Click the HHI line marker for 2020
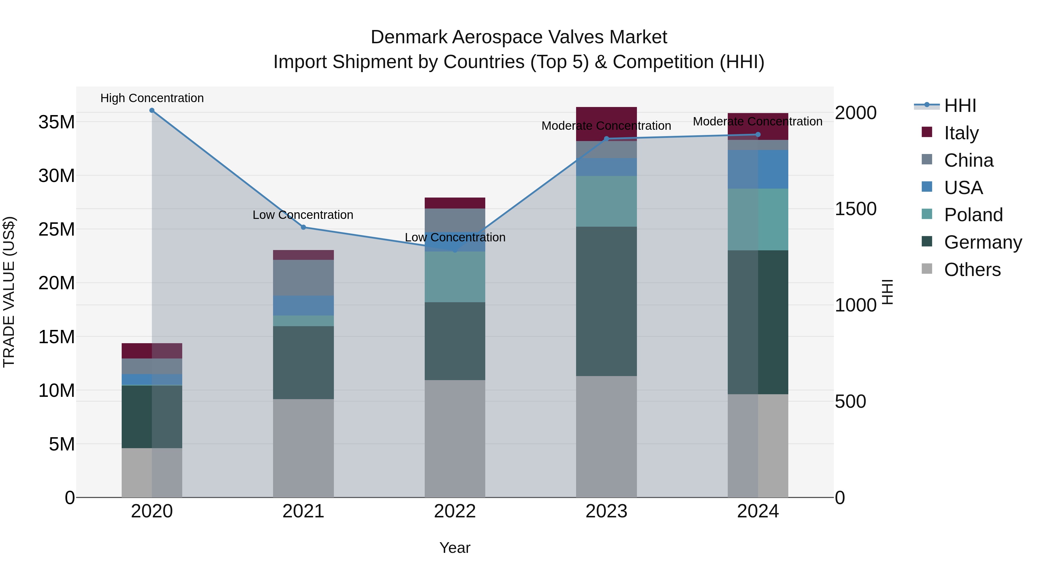[152, 110]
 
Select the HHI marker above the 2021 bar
[303, 227]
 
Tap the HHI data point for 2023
[606, 139]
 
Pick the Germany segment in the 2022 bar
[455, 341]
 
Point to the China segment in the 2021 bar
[303, 278]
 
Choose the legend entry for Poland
[973, 215]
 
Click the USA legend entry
[963, 188]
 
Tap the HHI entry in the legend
[960, 106]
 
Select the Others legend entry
[972, 270]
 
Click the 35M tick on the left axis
[57, 122]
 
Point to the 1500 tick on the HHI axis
[855, 209]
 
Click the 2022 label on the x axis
[455, 511]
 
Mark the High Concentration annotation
[152, 98]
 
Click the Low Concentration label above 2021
[303, 215]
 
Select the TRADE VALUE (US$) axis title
[9, 292]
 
